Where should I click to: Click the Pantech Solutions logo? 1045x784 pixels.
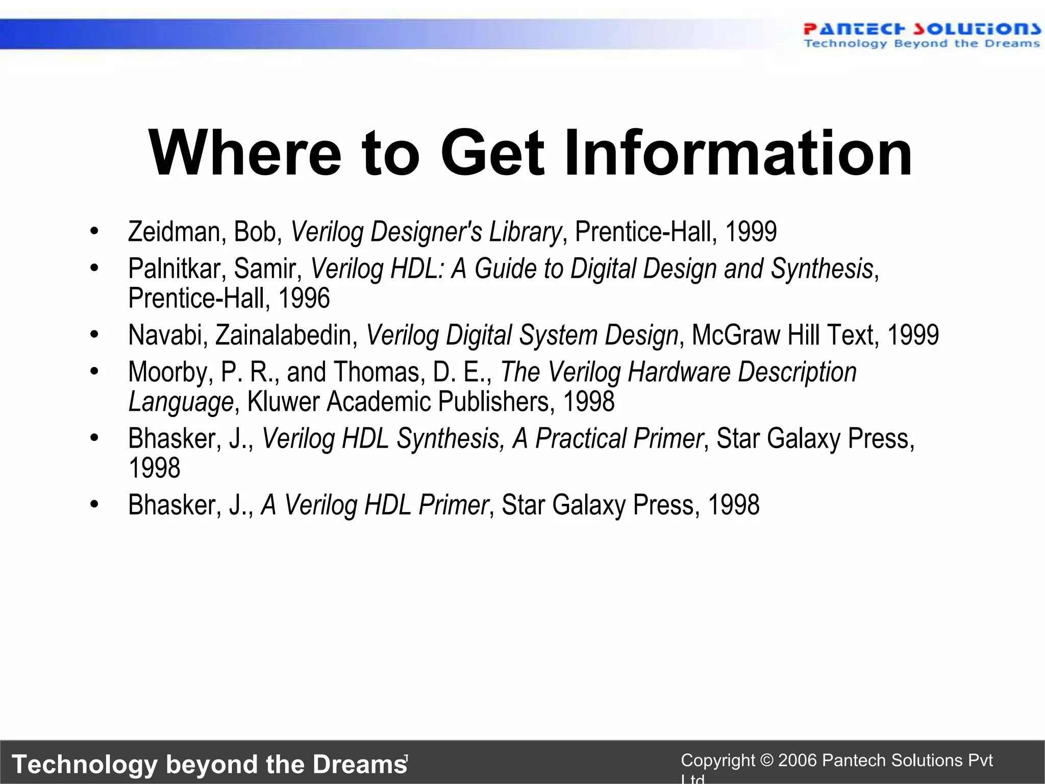pyautogui.click(x=921, y=35)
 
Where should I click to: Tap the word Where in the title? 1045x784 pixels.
pyautogui.click(x=244, y=153)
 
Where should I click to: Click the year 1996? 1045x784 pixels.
pyautogui.click(x=304, y=298)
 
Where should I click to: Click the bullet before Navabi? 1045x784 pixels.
pyautogui.click(x=94, y=335)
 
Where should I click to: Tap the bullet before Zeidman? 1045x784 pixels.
pyautogui.click(x=94, y=232)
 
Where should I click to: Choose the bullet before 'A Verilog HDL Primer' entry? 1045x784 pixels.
pyautogui.click(x=94, y=505)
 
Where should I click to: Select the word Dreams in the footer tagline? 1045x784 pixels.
pyautogui.click(x=359, y=764)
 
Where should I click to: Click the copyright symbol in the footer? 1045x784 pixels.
pyautogui.click(x=766, y=761)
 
